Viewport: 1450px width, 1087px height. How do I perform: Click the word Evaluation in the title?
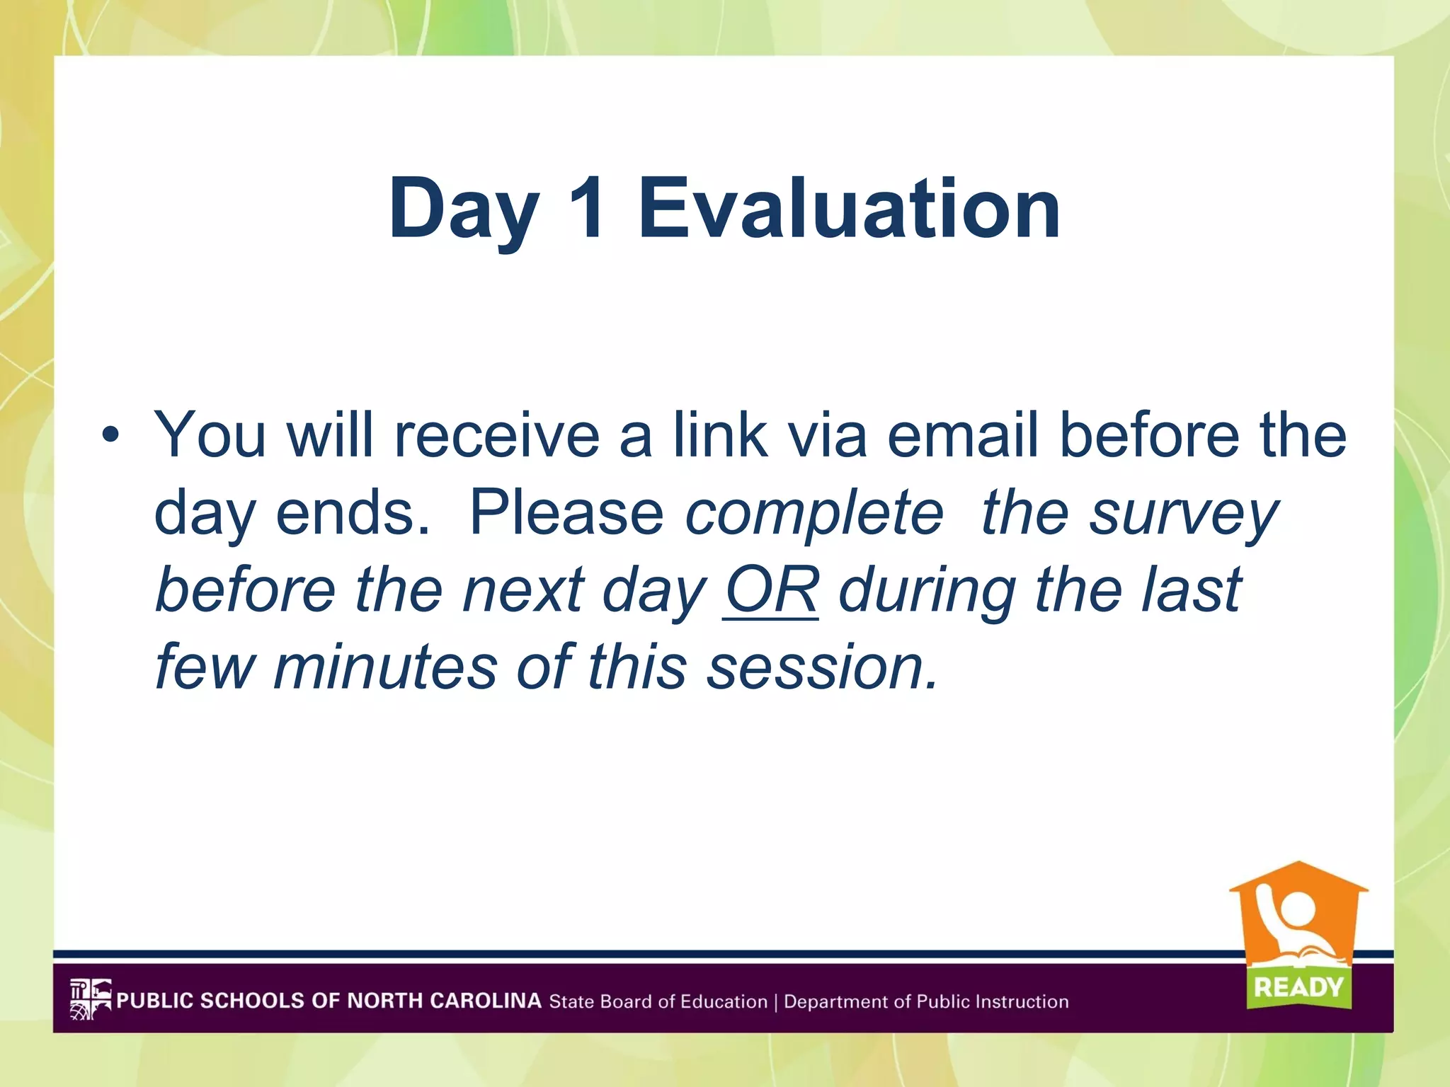click(x=849, y=209)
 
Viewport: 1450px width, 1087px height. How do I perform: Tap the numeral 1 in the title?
click(x=586, y=209)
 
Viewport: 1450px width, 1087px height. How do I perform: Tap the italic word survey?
click(x=1182, y=514)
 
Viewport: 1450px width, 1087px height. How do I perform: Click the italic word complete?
click(x=814, y=514)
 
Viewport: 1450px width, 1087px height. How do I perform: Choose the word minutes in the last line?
click(x=386, y=667)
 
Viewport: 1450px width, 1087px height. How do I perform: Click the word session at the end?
click(x=821, y=667)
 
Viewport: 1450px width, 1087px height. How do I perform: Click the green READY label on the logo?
click(x=1298, y=987)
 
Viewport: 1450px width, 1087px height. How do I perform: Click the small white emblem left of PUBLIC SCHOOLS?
click(x=91, y=999)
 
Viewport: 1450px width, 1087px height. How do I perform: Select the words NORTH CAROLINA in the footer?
click(x=444, y=1001)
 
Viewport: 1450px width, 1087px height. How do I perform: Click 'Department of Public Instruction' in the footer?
click(x=926, y=1001)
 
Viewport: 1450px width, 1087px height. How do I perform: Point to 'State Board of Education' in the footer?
click(x=658, y=1001)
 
